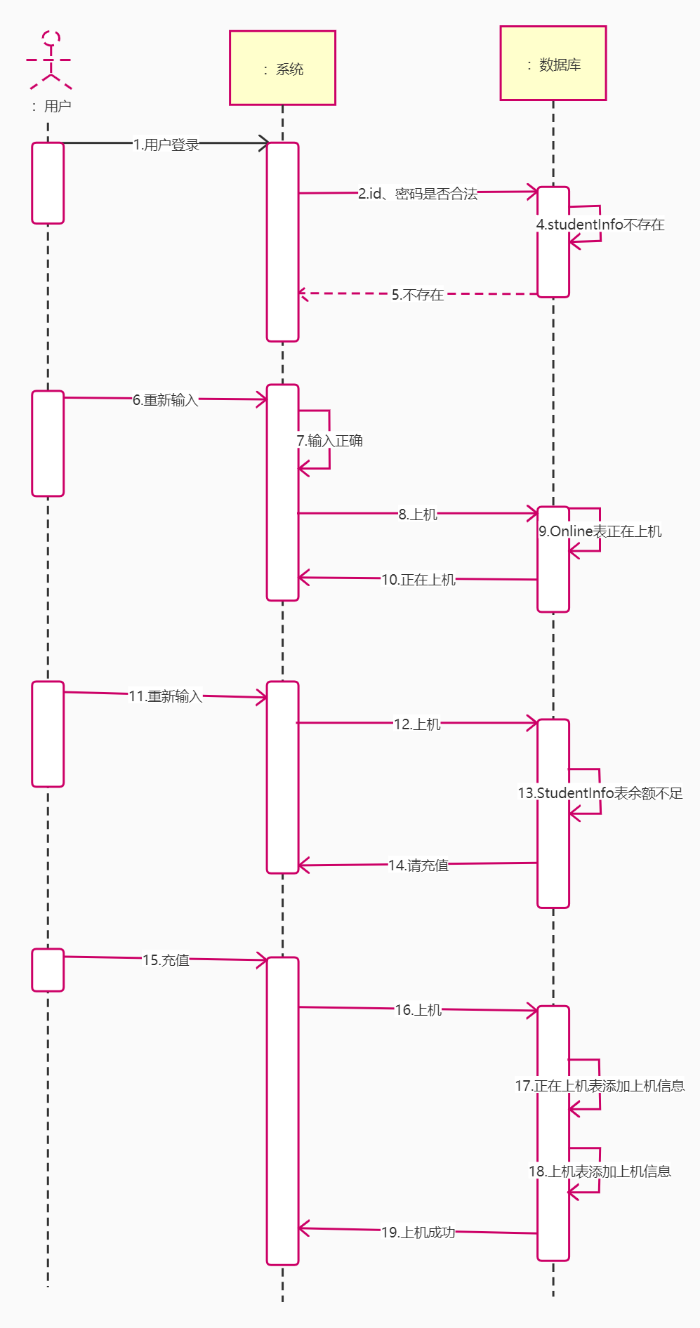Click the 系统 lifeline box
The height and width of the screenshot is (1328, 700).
pos(282,68)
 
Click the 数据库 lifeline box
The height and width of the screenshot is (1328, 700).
pos(553,64)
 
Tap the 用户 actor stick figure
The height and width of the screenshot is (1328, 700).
pos(49,60)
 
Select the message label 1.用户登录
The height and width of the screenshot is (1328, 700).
pos(166,145)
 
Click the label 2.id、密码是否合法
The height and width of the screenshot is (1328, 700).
pos(418,194)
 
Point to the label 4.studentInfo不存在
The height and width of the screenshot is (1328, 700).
pos(600,225)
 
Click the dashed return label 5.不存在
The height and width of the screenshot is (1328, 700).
pos(418,295)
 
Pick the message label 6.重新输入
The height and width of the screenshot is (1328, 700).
pos(166,400)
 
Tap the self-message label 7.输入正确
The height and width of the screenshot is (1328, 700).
pos(329,441)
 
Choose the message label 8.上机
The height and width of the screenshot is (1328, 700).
pos(418,514)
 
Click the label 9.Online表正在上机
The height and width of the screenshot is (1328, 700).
pos(600,531)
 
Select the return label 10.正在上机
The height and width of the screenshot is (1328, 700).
pos(418,580)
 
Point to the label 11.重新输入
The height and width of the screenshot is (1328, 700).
pos(166,696)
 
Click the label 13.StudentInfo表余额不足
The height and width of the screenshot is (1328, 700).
pos(600,793)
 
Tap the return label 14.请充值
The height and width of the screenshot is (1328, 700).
pos(418,865)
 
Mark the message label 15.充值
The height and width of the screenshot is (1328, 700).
pos(166,960)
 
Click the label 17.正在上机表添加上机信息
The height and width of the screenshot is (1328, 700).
pos(600,1086)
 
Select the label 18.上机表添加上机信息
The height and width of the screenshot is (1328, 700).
pos(600,1171)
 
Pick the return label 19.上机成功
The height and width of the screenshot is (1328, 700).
pos(418,1233)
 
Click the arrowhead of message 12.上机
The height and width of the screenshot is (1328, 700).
pos(533,723)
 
